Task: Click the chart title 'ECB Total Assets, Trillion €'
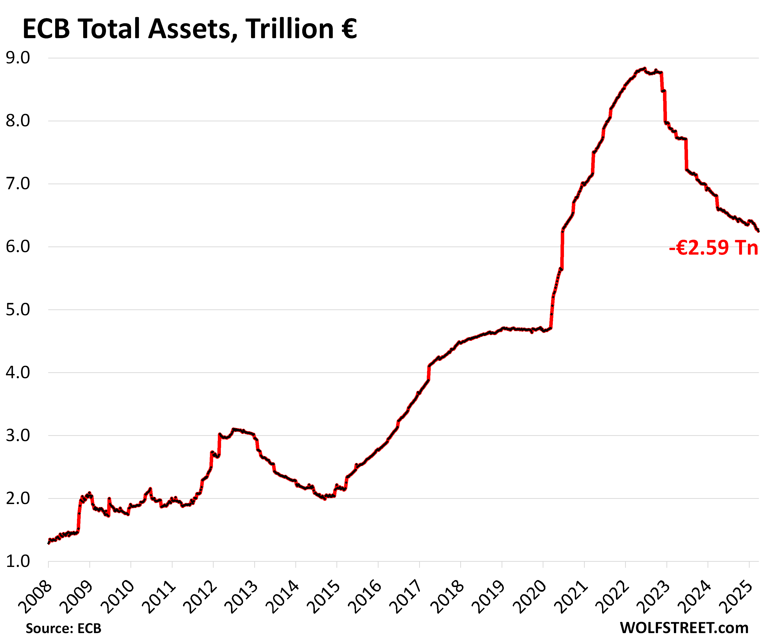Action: click(x=189, y=29)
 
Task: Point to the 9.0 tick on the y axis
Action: click(x=18, y=58)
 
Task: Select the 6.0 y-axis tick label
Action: click(x=18, y=247)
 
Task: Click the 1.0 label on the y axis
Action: click(x=18, y=562)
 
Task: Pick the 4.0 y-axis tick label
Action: click(x=18, y=373)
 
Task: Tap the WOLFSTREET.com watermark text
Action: click(x=684, y=628)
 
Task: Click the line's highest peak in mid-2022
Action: click(x=644, y=68)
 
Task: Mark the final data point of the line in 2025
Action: click(x=759, y=231)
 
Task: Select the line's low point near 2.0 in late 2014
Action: click(x=325, y=499)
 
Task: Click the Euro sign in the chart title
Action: click(x=349, y=29)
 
